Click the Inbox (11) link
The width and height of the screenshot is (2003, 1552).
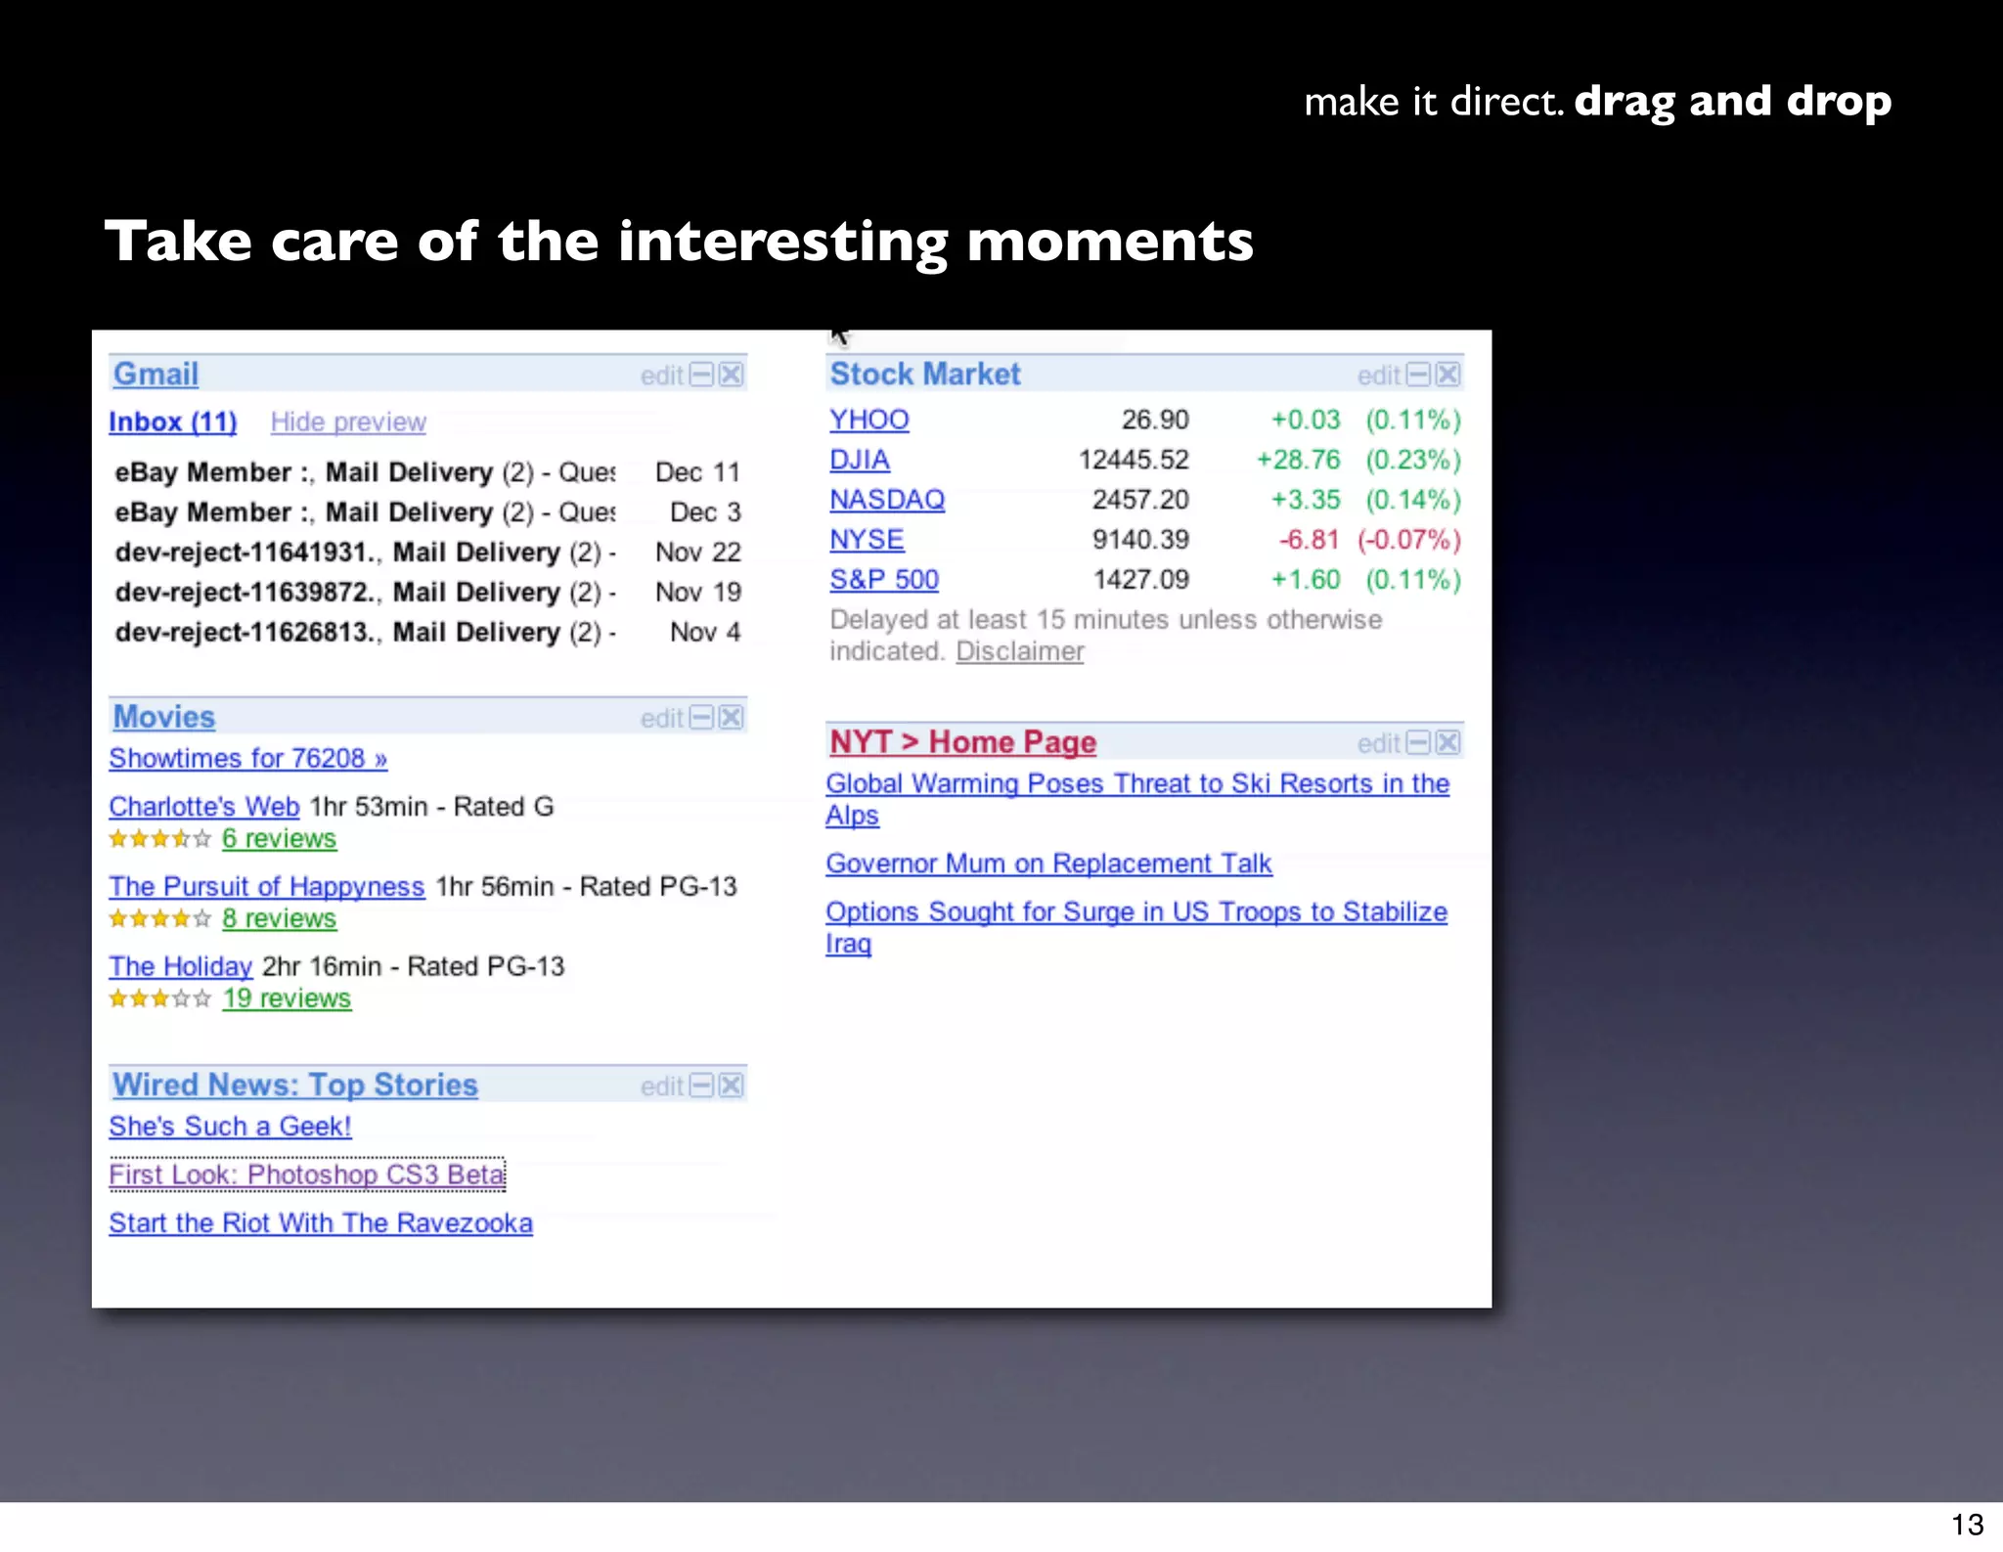click(x=172, y=422)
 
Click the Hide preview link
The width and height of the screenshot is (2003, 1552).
click(x=348, y=422)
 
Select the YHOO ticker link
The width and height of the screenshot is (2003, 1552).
click(x=868, y=421)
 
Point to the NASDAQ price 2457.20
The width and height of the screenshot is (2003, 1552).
click(x=1140, y=500)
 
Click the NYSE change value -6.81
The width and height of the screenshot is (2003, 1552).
click(x=1309, y=540)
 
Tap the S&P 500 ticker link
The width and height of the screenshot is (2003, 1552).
click(x=883, y=580)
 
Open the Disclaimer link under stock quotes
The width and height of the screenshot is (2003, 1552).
click(x=1019, y=651)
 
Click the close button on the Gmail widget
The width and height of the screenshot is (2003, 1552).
click(x=732, y=375)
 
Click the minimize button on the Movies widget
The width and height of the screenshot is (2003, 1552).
click(x=702, y=718)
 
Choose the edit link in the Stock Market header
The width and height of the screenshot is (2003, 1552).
click(x=1378, y=376)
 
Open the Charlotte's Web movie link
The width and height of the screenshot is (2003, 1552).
click(x=203, y=807)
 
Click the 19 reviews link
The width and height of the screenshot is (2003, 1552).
click(x=286, y=998)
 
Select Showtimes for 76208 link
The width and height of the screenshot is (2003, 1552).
click(x=247, y=759)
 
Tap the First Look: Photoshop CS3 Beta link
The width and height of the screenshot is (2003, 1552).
click(x=306, y=1175)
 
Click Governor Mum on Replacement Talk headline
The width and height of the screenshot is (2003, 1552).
click(x=1047, y=865)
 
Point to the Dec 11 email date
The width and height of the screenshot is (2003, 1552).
click(x=697, y=472)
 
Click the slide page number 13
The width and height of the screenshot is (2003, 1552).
click(x=1967, y=1525)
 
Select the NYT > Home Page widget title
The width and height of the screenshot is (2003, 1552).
click(x=962, y=743)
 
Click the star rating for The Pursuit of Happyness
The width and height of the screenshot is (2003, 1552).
click(x=159, y=919)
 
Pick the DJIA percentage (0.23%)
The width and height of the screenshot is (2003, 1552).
click(x=1412, y=461)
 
